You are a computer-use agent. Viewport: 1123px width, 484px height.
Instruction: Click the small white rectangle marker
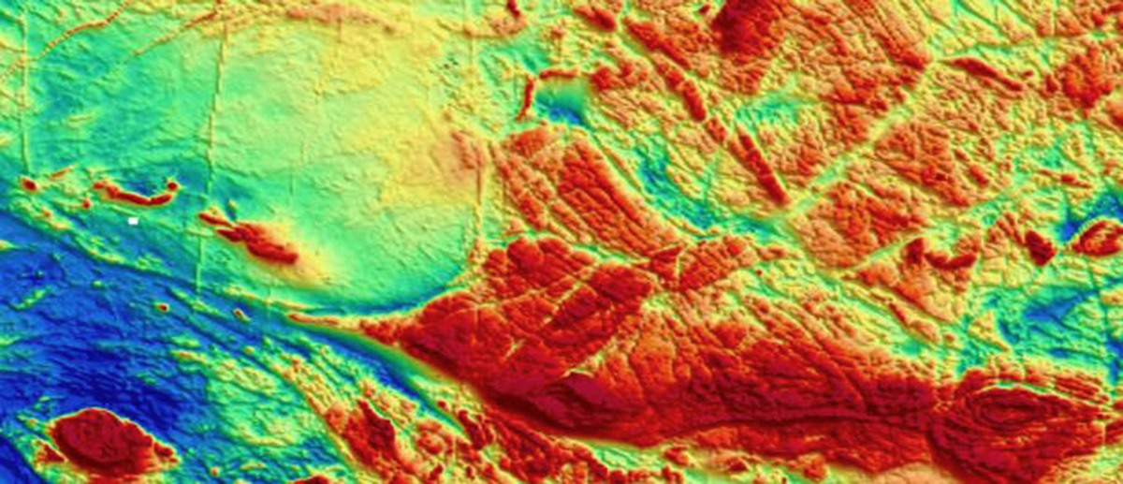coord(134,221)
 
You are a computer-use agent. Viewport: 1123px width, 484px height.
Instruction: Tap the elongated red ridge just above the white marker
coord(136,195)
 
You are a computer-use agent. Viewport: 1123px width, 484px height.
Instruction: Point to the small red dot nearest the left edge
coord(28,183)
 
